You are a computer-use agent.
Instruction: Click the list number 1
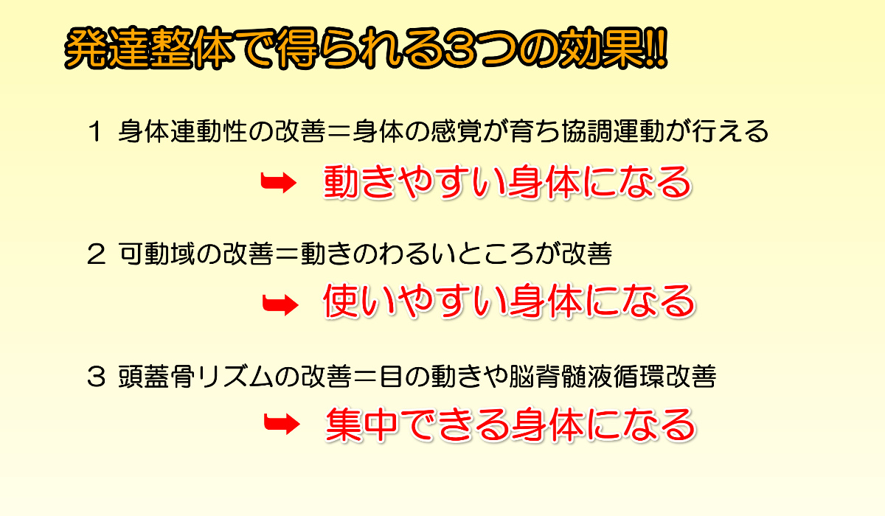96,132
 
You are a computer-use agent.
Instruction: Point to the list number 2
96,254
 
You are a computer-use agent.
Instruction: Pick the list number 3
96,377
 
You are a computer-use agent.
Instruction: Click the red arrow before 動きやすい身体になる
279,183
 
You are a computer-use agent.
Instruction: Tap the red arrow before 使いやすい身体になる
280,304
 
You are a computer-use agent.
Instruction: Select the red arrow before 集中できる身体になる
282,424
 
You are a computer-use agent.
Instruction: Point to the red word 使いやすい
415,301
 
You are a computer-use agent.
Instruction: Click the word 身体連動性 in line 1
183,131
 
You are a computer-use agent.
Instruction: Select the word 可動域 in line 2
157,254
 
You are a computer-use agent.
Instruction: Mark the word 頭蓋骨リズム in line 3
195,377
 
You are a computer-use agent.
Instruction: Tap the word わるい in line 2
417,254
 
